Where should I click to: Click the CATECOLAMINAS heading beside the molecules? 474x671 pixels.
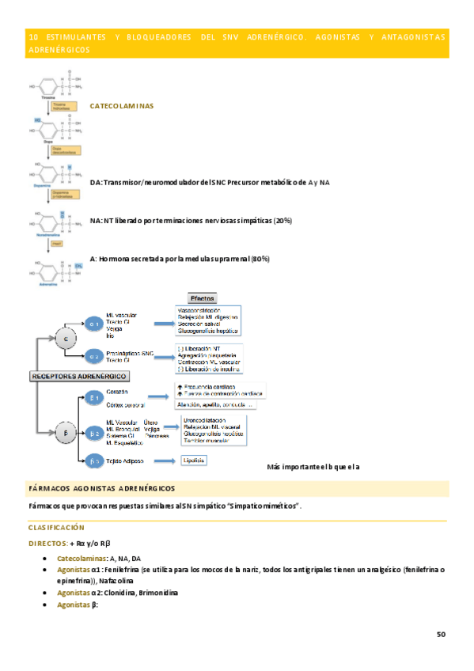pos(122,105)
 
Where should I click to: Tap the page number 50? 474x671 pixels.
pos(441,635)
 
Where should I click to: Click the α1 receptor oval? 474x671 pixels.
pos(94,324)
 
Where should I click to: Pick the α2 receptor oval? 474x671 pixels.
pos(94,355)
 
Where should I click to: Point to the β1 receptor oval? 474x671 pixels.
pos(94,397)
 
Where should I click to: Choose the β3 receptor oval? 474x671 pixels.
pos(94,461)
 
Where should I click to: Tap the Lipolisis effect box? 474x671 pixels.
pos(195,460)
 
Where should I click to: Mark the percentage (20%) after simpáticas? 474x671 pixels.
pos(283,220)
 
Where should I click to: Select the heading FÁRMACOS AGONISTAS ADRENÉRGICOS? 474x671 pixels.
pos(101,489)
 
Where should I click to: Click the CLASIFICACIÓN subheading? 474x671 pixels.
pos(57,527)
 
